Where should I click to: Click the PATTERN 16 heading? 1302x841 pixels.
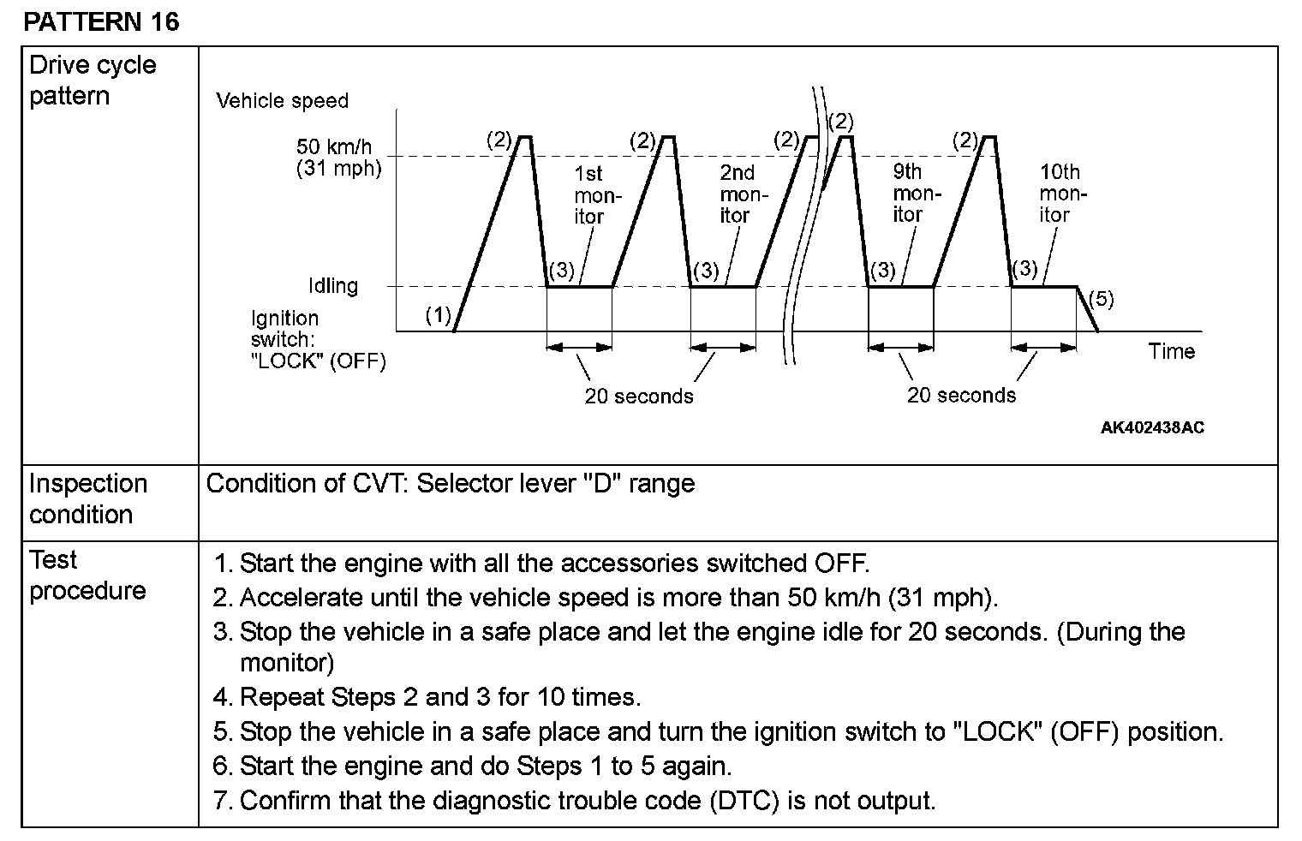coord(101,21)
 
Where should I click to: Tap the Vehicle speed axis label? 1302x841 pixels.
coord(282,101)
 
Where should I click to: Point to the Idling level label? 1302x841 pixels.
coord(333,286)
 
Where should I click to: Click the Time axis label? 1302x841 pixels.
coord(1171,351)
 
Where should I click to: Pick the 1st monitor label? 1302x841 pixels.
coord(591,195)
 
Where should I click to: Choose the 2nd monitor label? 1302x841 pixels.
coord(738,195)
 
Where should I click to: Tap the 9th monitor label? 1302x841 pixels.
coord(911,194)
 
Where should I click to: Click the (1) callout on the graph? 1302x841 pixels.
coord(438,315)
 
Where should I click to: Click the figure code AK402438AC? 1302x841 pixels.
coord(1152,427)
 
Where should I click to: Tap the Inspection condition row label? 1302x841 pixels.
coord(88,498)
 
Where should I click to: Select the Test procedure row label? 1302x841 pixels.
coord(87,575)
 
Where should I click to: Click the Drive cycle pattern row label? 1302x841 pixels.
coord(93,80)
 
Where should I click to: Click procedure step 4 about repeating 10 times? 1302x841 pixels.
coord(427,697)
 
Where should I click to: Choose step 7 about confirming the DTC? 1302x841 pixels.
coord(575,801)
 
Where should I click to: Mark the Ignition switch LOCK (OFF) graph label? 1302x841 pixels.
coord(318,340)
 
